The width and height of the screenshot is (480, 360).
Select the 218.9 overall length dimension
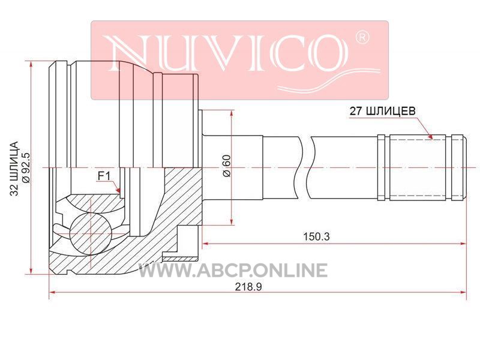(x=248, y=287)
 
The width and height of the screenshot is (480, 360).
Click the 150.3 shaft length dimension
(x=316, y=236)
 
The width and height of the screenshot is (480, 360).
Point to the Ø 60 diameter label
(x=227, y=166)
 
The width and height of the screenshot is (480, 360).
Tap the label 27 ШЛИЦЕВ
(x=383, y=110)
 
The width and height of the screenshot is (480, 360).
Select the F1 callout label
(x=104, y=176)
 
